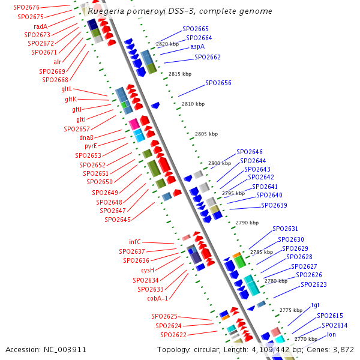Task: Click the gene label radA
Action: coord(40,26)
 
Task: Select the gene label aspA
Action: coord(197,46)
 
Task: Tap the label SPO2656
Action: coord(218,83)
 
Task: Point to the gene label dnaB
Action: coord(86,137)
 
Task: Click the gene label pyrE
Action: coord(90,146)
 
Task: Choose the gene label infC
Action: coord(135,242)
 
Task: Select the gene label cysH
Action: coord(148,270)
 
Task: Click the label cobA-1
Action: coord(158,298)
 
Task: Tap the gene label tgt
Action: coord(315,305)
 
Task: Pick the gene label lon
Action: coord(331,334)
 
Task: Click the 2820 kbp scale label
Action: coord(167,44)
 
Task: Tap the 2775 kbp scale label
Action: coord(290,310)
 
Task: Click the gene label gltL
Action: coord(67,89)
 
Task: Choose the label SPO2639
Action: coord(274,206)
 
